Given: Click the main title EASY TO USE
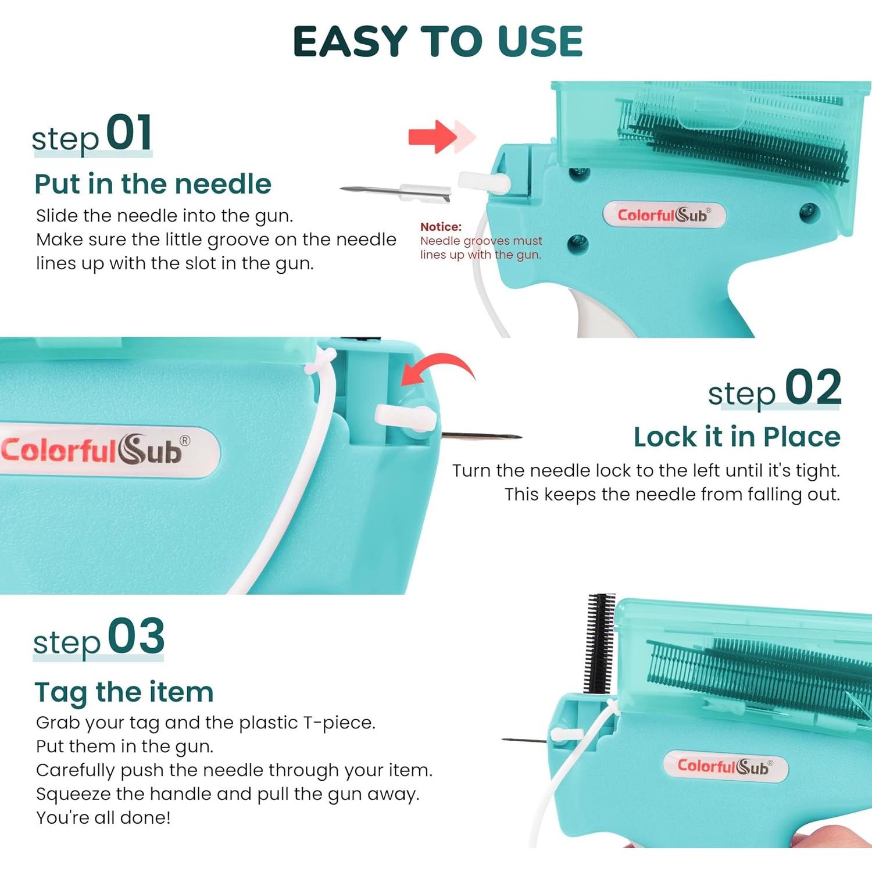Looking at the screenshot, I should click(438, 42).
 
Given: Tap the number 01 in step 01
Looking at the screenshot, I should click(129, 133).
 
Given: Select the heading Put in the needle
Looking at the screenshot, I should click(153, 184).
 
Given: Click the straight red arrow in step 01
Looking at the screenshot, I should click(433, 137).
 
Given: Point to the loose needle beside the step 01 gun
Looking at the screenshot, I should click(395, 191).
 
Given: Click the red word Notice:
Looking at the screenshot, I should click(441, 227).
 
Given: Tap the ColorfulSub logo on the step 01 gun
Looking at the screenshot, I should click(664, 215).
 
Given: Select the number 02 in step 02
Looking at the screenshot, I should click(813, 388).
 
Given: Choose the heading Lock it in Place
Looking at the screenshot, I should click(737, 437).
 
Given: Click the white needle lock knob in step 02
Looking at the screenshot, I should click(405, 417).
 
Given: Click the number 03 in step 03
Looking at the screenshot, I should click(136, 637).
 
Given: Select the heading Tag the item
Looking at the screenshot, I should click(124, 692).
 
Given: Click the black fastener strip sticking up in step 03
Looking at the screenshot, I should click(601, 642).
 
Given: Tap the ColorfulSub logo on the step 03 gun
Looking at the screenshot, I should click(725, 767).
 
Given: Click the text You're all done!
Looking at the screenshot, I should click(103, 818).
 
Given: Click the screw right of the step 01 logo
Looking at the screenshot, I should click(809, 212).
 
